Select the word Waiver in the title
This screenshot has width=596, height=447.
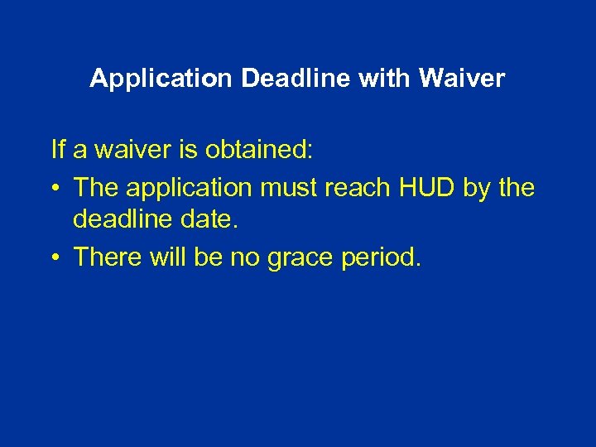click(x=462, y=79)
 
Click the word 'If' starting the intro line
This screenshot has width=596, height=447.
click(x=57, y=150)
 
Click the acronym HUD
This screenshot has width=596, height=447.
click(x=425, y=187)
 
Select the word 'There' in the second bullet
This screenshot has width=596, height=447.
click(x=106, y=257)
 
